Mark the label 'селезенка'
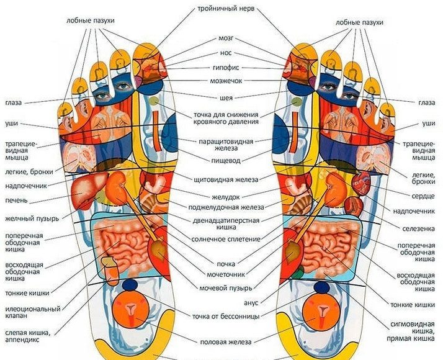(x=416, y=228)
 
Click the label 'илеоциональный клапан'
(x=32, y=312)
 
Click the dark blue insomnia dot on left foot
(x=130, y=286)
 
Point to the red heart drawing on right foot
(x=362, y=181)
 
